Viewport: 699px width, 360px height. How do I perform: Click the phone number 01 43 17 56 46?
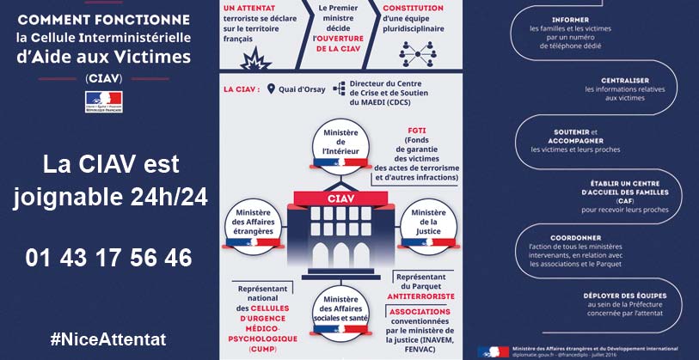(108, 257)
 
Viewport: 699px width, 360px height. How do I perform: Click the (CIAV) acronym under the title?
(103, 77)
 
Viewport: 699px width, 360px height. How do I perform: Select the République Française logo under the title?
(103, 101)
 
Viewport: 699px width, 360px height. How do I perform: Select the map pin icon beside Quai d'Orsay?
(272, 88)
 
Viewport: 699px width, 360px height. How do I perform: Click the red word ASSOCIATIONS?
(420, 311)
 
